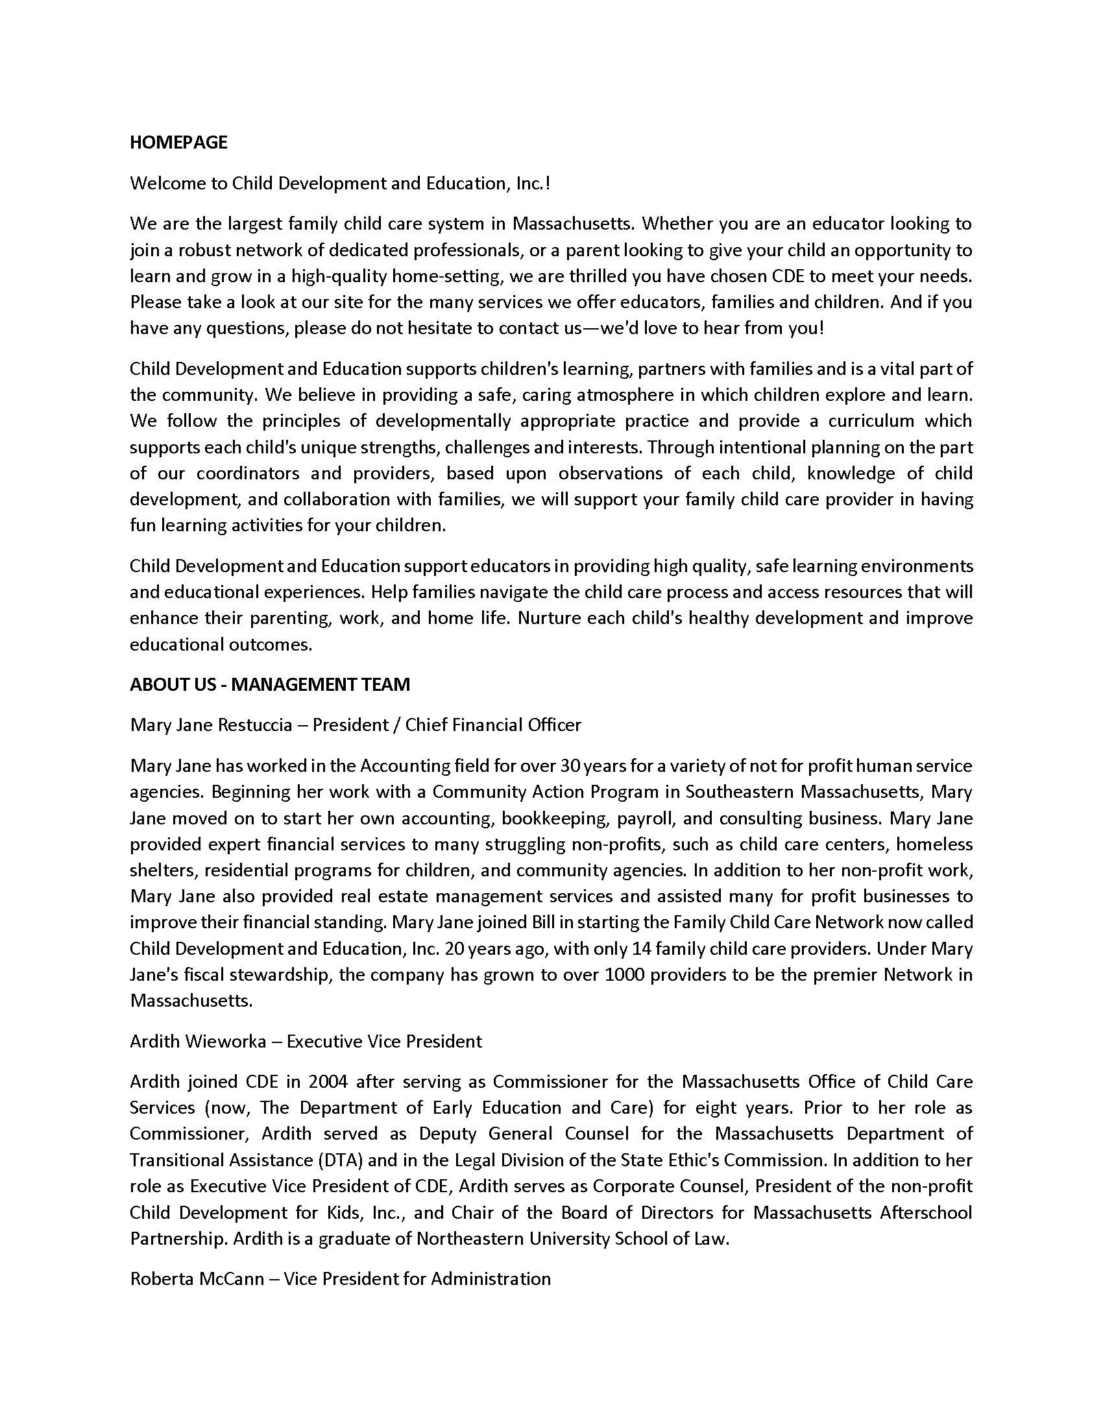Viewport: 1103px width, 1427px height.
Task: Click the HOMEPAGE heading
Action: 178,143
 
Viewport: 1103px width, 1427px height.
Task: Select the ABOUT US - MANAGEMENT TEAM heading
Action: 270,684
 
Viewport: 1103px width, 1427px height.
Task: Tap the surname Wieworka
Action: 226,1041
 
